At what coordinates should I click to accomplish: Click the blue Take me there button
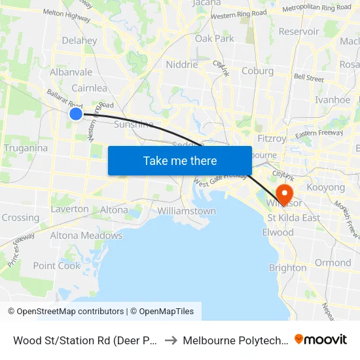pyautogui.click(x=180, y=160)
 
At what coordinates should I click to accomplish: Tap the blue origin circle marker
pyautogui.click(x=76, y=114)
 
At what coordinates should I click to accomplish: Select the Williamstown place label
pyautogui.click(x=187, y=211)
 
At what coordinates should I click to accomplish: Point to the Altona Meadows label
pyautogui.click(x=86, y=236)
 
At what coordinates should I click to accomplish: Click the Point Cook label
pyautogui.click(x=56, y=266)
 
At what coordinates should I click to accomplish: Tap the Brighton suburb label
pyautogui.click(x=287, y=268)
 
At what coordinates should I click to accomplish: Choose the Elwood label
pyautogui.click(x=278, y=232)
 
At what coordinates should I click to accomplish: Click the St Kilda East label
pyautogui.click(x=294, y=218)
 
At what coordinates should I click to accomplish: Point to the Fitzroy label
pyautogui.click(x=272, y=139)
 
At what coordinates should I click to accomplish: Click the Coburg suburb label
pyautogui.click(x=257, y=71)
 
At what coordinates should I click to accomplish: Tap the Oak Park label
pyautogui.click(x=215, y=39)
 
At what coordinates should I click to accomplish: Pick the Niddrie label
pyautogui.click(x=182, y=65)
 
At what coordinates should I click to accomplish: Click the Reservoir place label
pyautogui.click(x=299, y=31)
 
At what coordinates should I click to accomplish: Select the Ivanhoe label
pyautogui.click(x=333, y=100)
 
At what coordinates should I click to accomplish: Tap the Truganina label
pyautogui.click(x=26, y=148)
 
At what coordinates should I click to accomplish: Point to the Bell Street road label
pyautogui.click(x=309, y=78)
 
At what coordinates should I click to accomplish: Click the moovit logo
pyautogui.click(x=321, y=340)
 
